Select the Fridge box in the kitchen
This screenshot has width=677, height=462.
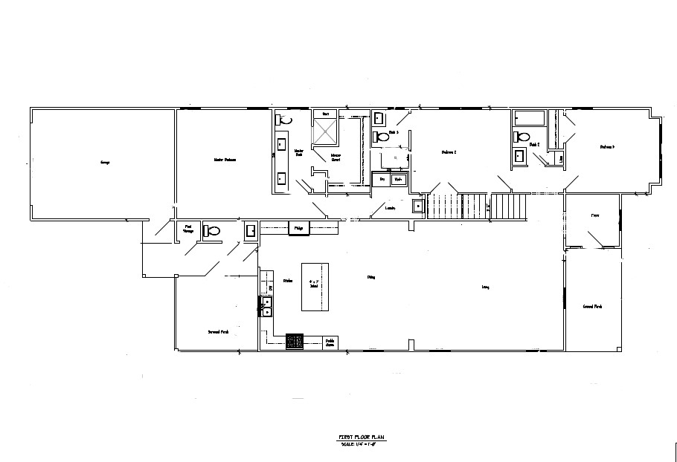(x=298, y=227)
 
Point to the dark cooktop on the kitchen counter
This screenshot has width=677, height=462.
(x=295, y=341)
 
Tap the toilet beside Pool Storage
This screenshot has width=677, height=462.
(x=212, y=231)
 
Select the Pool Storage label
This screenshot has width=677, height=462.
(x=188, y=230)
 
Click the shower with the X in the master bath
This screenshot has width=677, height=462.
(x=325, y=132)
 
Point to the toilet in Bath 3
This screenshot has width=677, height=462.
(x=383, y=137)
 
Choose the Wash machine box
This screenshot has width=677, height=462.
(x=400, y=180)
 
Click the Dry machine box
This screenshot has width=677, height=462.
(x=382, y=180)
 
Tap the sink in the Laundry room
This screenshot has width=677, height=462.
(x=418, y=206)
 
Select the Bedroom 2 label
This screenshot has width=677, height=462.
(x=449, y=152)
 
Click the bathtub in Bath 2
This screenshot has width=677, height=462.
(x=530, y=118)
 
